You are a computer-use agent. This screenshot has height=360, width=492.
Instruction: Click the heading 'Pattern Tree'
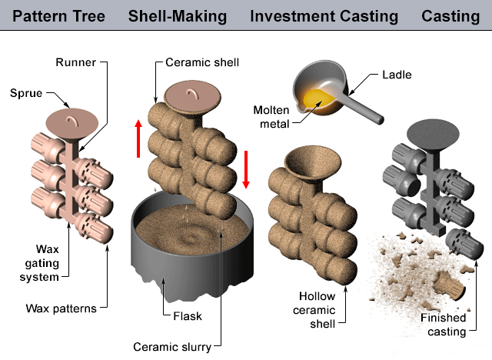pos(55,15)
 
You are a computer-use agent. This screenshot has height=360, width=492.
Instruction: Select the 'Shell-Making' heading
pos(178,15)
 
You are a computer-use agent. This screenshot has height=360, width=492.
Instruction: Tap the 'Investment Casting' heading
pos(324,15)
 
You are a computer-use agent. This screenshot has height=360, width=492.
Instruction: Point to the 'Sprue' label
pos(25,95)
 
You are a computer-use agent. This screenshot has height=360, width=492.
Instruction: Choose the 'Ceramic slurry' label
pos(175,345)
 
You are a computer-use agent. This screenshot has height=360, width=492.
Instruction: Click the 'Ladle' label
pos(397,75)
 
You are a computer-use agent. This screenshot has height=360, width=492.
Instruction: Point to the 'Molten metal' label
pos(271,116)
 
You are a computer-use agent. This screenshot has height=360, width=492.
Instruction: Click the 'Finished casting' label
pos(444,324)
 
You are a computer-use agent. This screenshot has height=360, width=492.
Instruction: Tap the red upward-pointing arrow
pos(138,138)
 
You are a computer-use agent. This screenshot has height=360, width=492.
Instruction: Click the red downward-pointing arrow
pos(247,169)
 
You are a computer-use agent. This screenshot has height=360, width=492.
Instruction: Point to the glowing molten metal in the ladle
pos(317,98)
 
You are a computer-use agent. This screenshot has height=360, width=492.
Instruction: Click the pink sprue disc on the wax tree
pos(70,122)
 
